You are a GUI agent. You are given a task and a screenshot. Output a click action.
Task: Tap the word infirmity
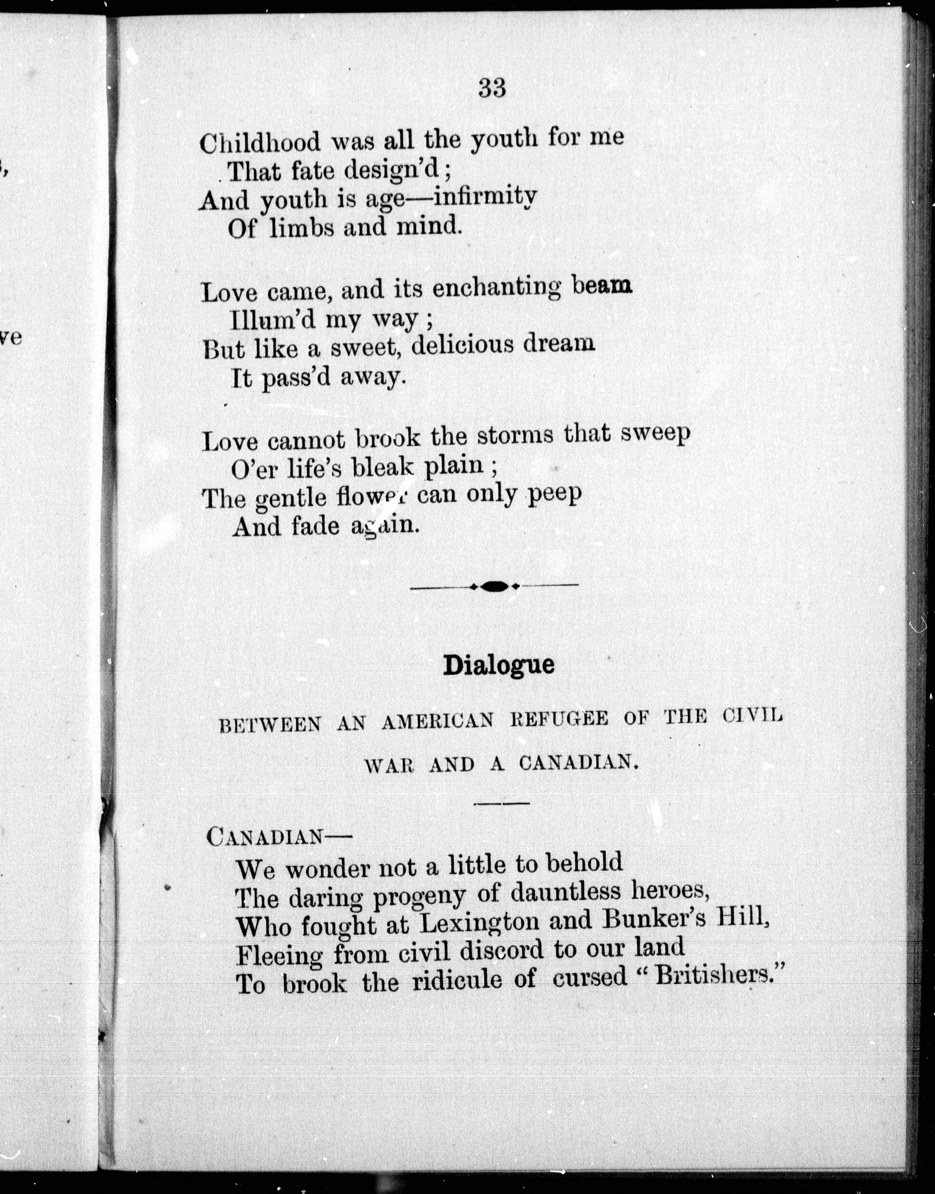485,196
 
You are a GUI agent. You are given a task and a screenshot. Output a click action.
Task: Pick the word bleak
383,466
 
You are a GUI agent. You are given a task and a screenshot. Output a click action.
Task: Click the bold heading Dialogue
498,664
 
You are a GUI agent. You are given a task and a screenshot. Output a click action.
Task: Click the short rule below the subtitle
501,803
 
